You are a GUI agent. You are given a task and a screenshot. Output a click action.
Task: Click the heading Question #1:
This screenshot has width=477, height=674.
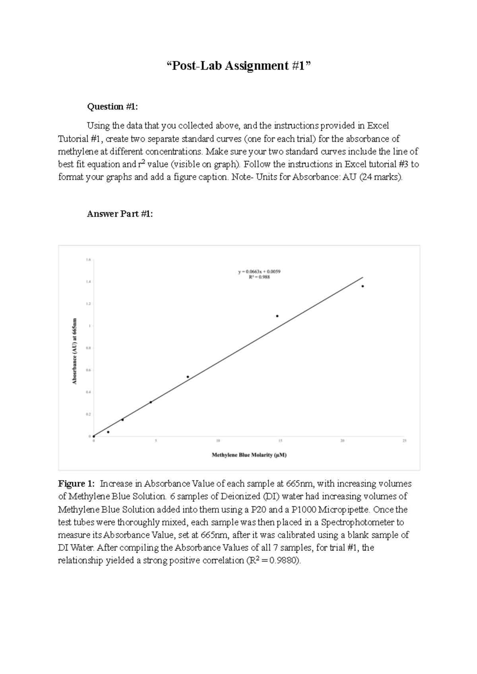[x=112, y=107]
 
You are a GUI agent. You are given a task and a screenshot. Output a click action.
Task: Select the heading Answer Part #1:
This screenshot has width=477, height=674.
[x=120, y=214]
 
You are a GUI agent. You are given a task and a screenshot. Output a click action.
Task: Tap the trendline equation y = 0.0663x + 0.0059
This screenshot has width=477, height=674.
[x=259, y=272]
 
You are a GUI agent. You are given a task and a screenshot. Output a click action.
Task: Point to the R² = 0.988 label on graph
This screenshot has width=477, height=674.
[x=259, y=277]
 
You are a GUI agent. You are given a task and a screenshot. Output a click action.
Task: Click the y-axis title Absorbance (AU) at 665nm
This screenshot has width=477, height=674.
[x=75, y=351]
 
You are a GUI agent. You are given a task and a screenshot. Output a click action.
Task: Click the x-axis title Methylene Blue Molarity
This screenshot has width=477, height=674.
[x=249, y=455]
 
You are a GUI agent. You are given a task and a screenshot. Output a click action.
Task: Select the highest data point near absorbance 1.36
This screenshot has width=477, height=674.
[x=363, y=286]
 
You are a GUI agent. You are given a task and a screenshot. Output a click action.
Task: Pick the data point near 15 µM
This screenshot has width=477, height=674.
[x=277, y=316]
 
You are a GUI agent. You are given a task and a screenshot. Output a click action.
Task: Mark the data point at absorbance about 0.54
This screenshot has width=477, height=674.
[x=188, y=377]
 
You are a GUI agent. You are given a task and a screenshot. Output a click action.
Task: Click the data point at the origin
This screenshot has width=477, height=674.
[x=94, y=436]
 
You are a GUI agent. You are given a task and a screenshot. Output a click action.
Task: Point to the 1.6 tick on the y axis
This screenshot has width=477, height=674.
[x=88, y=260]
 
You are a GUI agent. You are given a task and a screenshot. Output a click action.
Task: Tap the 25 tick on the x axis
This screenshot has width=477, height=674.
[x=404, y=441]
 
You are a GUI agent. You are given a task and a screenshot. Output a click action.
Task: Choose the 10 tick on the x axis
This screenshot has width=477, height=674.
[x=218, y=441]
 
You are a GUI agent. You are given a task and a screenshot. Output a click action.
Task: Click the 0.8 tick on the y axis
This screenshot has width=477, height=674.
[x=88, y=348]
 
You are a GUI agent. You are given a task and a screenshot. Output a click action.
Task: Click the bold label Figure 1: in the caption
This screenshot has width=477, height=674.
[x=76, y=484]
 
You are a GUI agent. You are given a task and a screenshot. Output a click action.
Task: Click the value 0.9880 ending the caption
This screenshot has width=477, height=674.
[x=284, y=561]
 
